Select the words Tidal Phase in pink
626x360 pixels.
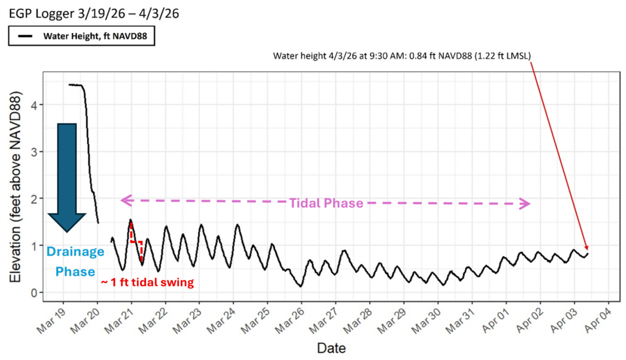(326, 203)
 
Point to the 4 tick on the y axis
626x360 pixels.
(35, 105)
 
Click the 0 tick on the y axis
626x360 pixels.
(35, 293)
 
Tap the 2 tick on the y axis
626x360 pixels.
(35, 199)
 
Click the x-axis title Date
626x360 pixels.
(331, 348)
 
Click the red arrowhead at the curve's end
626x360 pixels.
(586, 248)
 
